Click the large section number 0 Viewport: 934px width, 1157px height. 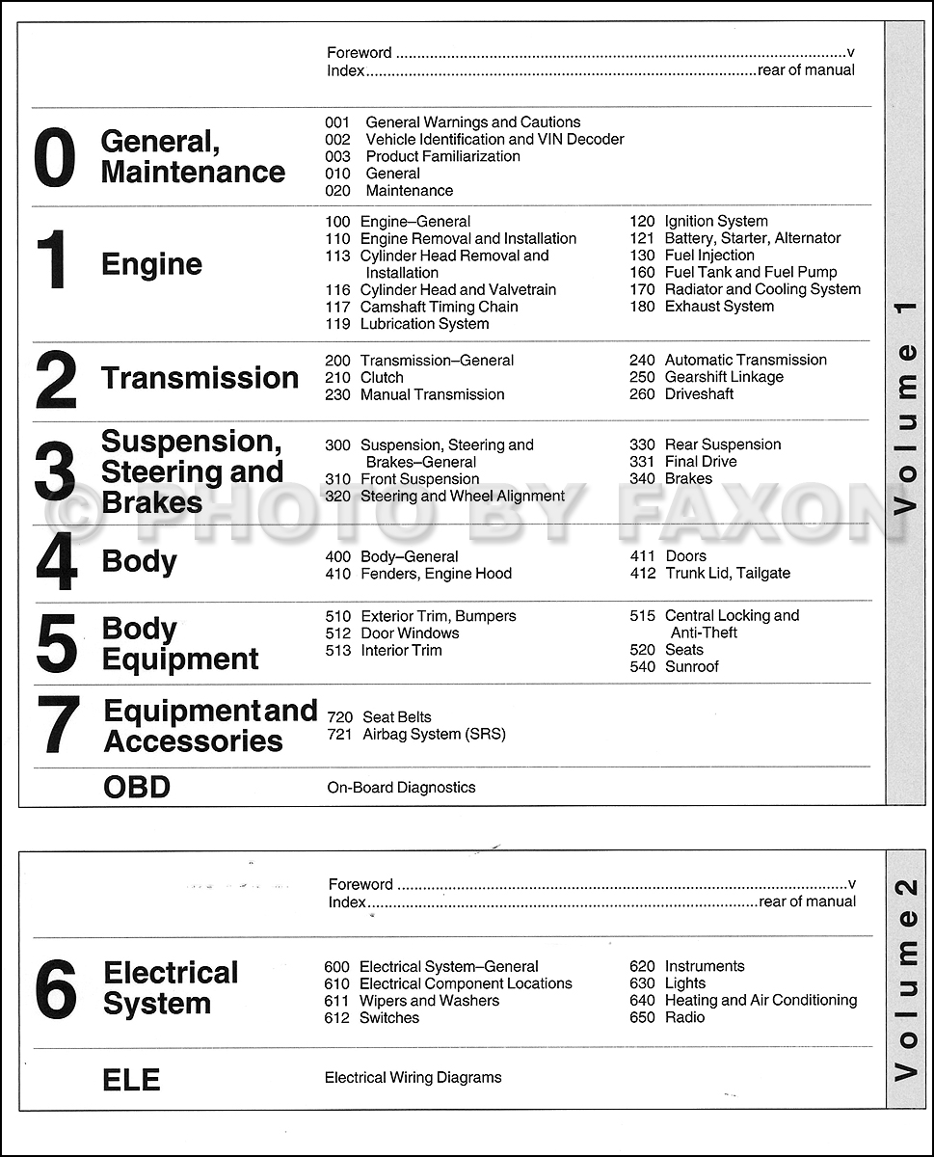(x=54, y=157)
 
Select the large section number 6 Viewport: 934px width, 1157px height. (x=56, y=990)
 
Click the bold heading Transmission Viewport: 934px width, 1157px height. (x=200, y=378)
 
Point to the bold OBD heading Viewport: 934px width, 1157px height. (x=137, y=787)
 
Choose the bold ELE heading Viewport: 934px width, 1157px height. (x=131, y=1079)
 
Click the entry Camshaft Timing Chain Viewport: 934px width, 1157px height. (x=439, y=307)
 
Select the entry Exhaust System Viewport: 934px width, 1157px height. (x=719, y=307)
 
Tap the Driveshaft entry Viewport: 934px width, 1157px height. (x=699, y=394)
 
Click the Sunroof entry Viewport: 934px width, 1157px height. (x=691, y=667)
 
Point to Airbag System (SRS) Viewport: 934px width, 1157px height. (x=434, y=735)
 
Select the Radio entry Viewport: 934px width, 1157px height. (x=684, y=1018)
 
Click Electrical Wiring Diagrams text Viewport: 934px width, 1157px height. (x=413, y=1078)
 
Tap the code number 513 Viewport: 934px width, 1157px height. (x=338, y=651)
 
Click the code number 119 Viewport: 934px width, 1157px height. (x=338, y=324)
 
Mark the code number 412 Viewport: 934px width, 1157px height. (x=643, y=574)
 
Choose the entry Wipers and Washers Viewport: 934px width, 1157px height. (x=429, y=1001)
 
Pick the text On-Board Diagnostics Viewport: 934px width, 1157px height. (x=401, y=788)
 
